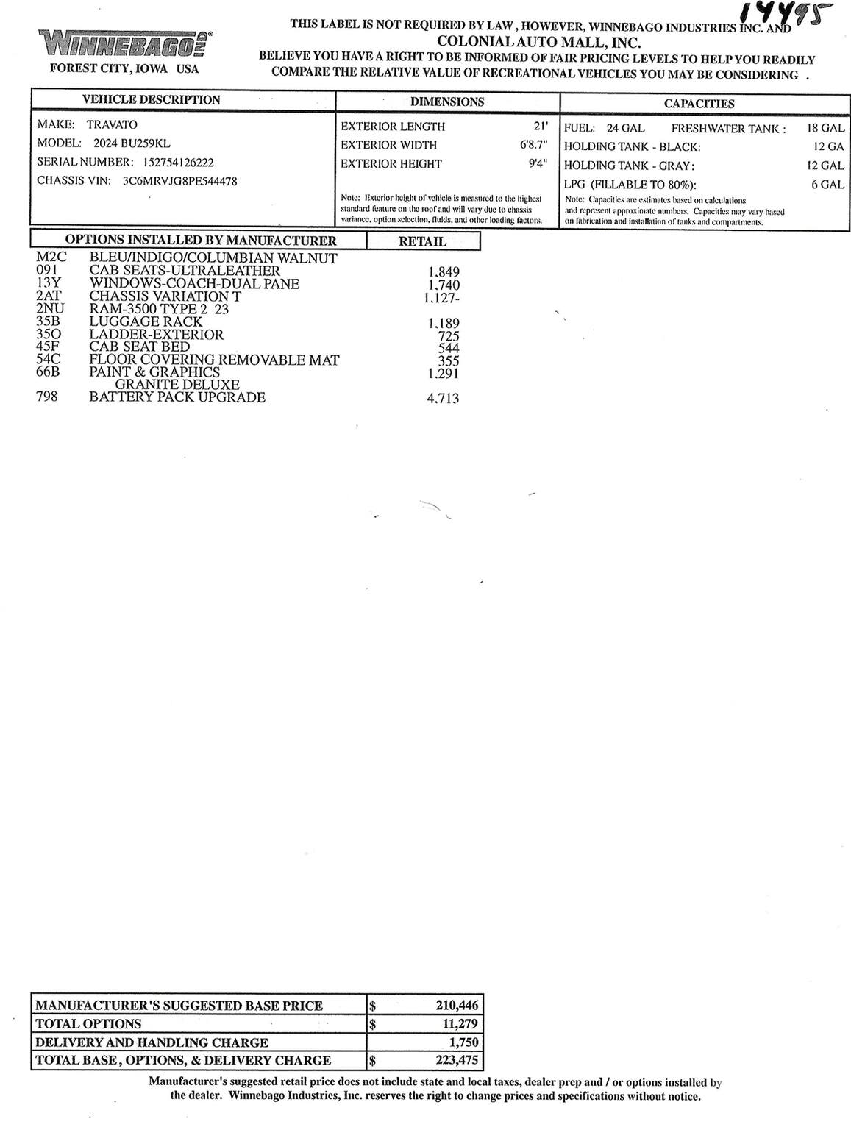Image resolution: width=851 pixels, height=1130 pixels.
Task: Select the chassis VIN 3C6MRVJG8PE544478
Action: (179, 181)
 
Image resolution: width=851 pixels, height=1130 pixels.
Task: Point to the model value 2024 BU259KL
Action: (132, 143)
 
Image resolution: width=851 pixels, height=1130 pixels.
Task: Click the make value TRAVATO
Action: (112, 124)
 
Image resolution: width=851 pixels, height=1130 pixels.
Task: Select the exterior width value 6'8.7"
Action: (533, 145)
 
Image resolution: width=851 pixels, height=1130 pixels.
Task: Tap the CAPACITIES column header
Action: (699, 104)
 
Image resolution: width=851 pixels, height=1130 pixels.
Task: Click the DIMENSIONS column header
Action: (446, 102)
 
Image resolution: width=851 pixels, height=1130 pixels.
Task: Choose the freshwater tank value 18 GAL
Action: (825, 128)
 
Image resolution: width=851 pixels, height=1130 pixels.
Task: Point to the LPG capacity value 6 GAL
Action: (827, 185)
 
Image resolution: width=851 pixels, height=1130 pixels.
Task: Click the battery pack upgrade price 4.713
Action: (443, 399)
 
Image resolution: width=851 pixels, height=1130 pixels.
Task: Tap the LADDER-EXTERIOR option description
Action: (156, 335)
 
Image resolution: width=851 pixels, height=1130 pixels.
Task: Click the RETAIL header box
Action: (422, 241)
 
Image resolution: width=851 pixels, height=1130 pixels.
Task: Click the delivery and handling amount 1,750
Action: (463, 1042)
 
